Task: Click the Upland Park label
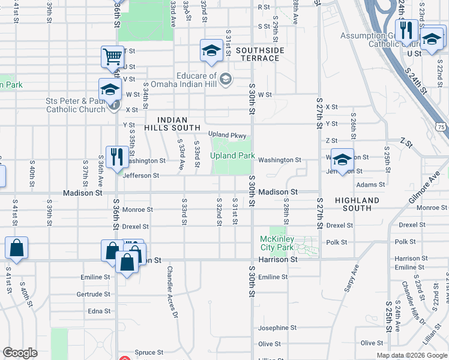tap(233, 156)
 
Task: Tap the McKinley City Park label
tap(277, 243)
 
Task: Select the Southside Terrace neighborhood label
tap(259, 54)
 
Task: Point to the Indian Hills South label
tap(172, 124)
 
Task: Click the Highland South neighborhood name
tap(357, 204)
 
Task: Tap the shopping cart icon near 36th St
tap(112, 58)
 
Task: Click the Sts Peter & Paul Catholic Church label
tap(76, 105)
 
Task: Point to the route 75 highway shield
tap(441, 127)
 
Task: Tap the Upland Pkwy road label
tap(228, 134)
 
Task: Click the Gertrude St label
tap(93, 294)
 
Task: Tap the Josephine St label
tap(278, 328)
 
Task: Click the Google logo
tap(20, 353)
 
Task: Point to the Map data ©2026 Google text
tap(412, 355)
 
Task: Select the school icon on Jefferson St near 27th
tap(342, 160)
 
